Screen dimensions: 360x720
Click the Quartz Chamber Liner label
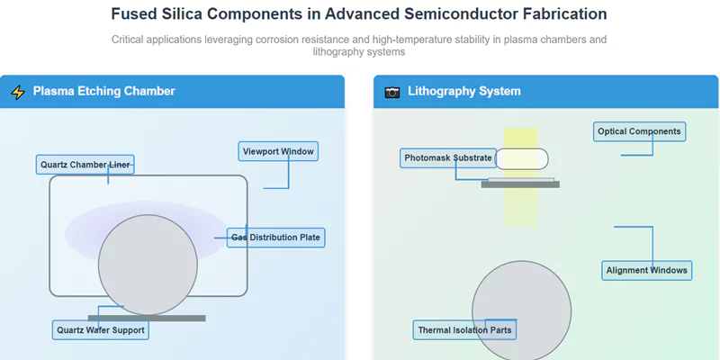(85, 164)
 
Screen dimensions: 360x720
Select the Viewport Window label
(278, 151)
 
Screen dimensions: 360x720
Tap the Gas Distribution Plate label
(274, 238)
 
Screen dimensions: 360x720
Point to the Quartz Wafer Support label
(100, 330)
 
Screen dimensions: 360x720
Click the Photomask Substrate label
(448, 158)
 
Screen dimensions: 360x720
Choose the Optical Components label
(639, 132)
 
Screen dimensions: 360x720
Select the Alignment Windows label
(646, 270)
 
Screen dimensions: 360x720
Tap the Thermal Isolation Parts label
(464, 330)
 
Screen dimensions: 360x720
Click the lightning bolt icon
(18, 92)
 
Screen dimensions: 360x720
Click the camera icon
(391, 92)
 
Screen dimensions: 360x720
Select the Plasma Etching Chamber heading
(103, 92)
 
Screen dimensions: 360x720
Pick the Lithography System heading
(463, 92)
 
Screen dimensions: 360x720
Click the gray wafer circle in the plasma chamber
(148, 265)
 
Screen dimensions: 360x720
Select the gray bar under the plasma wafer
(147, 318)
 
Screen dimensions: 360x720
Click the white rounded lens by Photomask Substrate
(521, 159)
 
